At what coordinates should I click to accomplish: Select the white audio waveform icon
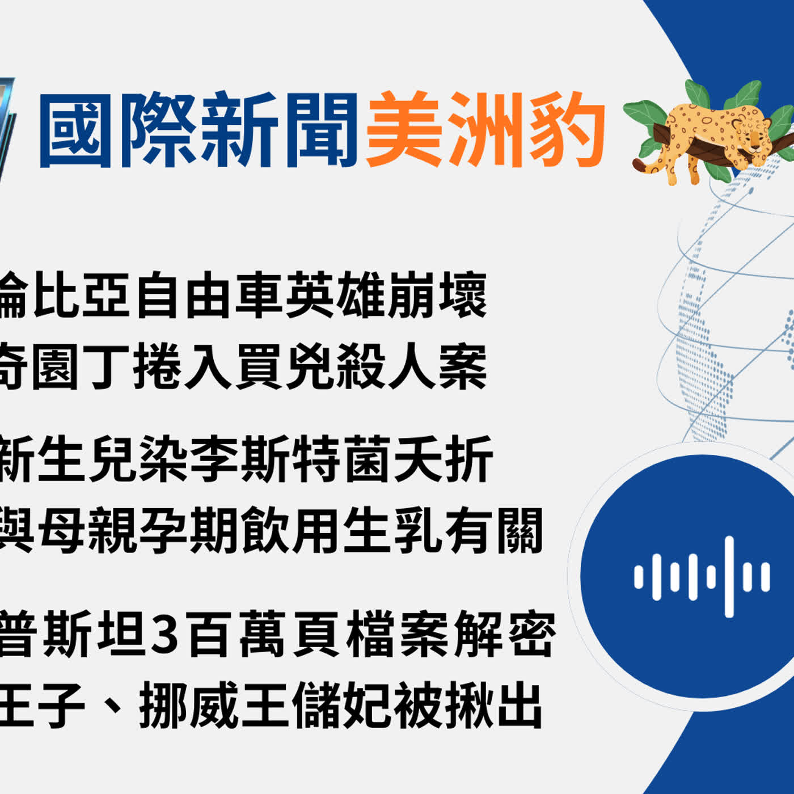702,576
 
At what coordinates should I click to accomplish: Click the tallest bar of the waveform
729,576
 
